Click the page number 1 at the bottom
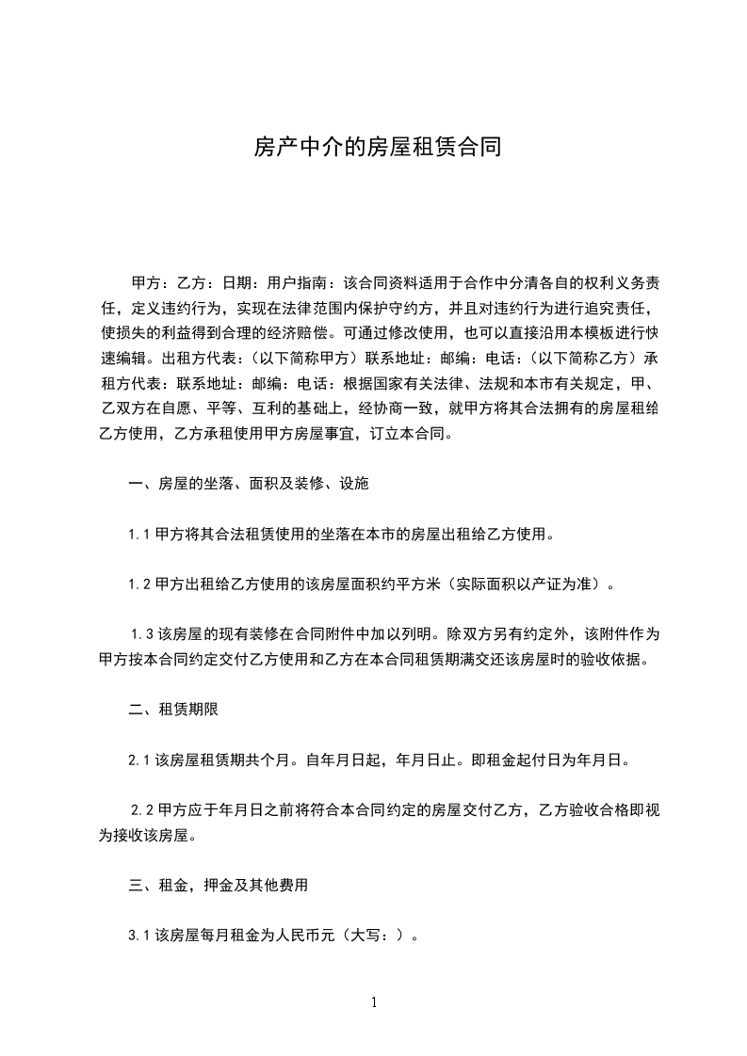click(x=374, y=1002)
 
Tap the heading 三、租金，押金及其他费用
click(x=219, y=886)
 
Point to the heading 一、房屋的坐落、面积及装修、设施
click(x=249, y=485)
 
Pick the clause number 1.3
click(x=142, y=633)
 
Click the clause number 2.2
click(x=142, y=808)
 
